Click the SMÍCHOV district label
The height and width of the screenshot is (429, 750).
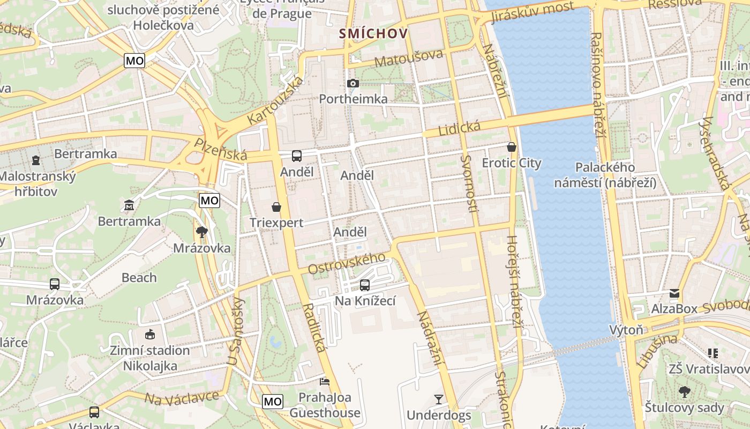pyautogui.click(x=373, y=34)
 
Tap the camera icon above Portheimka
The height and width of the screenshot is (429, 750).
pyautogui.click(x=352, y=83)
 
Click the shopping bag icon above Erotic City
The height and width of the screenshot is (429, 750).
pyautogui.click(x=512, y=147)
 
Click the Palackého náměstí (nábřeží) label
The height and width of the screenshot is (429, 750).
pyautogui.click(x=605, y=175)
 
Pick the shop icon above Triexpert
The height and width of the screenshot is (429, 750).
pyautogui.click(x=276, y=207)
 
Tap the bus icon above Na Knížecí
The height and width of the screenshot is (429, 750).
pyautogui.click(x=365, y=285)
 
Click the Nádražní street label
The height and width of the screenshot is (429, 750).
pyautogui.click(x=431, y=338)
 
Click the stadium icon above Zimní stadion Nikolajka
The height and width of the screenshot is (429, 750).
pyautogui.click(x=149, y=335)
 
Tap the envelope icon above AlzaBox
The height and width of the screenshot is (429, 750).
pyautogui.click(x=674, y=293)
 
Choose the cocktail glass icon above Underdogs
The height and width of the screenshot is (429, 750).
pyautogui.click(x=439, y=399)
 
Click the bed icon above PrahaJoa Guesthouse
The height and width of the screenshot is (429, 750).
pyautogui.click(x=325, y=382)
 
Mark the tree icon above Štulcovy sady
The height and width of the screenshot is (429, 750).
pyautogui.click(x=684, y=392)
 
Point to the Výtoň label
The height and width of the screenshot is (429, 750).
pyautogui.click(x=626, y=329)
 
